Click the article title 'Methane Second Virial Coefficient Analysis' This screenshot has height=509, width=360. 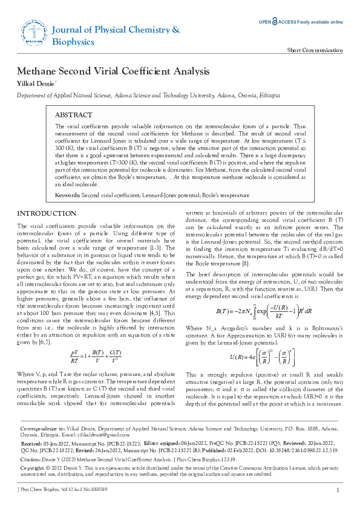113,71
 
